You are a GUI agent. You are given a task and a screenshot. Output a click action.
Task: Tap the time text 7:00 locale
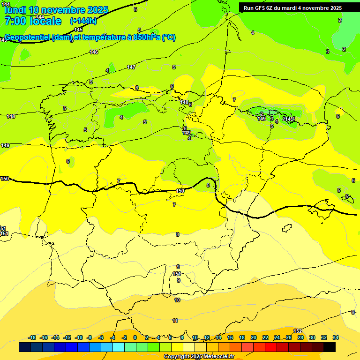[x=32, y=21]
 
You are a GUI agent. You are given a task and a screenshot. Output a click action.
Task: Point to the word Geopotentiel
[x=27, y=37]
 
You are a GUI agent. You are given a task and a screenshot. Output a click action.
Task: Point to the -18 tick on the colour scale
[x=32, y=337]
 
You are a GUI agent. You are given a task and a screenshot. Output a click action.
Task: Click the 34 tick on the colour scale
[x=336, y=337]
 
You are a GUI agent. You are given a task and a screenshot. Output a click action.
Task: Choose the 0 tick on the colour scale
[x=135, y=337]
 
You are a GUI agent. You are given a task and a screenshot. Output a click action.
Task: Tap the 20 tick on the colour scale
[x=254, y=337]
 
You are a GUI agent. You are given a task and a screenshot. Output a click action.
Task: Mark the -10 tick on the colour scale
[x=78, y=337]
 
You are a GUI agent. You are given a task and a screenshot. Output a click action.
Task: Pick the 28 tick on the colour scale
[x=300, y=337]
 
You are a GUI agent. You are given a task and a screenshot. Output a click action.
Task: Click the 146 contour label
[x=94, y=52]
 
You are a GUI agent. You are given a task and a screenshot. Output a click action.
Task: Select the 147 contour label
[x=131, y=67]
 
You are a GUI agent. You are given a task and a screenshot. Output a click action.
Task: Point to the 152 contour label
[x=298, y=331]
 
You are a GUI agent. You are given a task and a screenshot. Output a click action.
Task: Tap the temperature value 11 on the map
[x=175, y=321]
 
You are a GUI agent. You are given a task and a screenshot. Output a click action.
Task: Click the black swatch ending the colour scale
[x=330, y=347]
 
